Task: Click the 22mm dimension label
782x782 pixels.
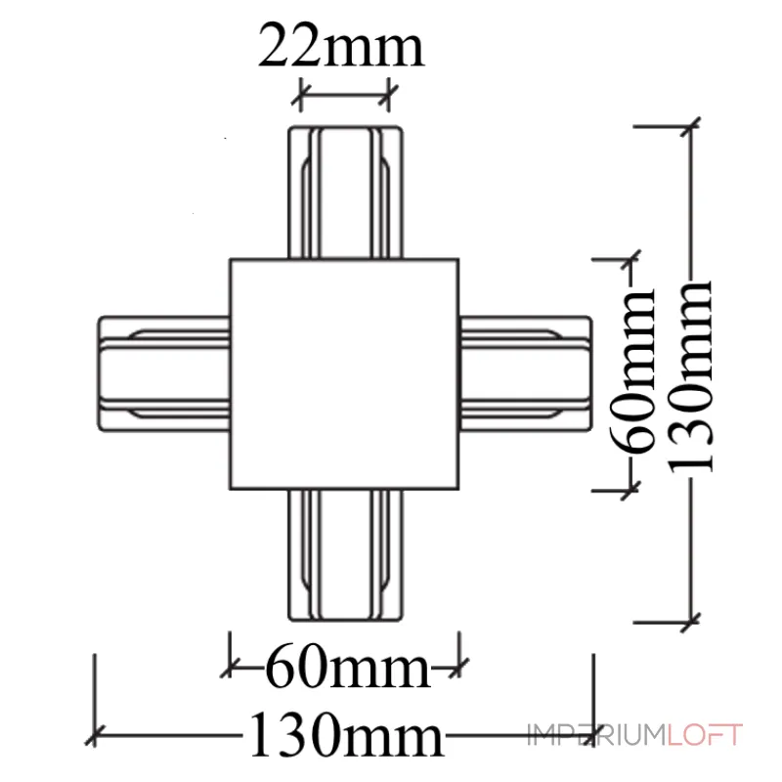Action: [341, 47]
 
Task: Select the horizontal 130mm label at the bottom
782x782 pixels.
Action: [341, 734]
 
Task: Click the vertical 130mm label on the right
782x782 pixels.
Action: [693, 375]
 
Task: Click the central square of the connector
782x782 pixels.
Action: [344, 373]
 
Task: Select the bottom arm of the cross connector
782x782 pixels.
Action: [344, 554]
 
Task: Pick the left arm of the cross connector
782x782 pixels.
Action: [163, 371]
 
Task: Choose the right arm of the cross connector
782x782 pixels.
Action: [526, 371]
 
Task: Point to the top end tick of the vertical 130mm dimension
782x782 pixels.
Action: [693, 125]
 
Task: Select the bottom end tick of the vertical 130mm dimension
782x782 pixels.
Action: [693, 619]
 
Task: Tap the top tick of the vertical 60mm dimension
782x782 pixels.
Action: [629, 261]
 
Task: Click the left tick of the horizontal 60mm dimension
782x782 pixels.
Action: [231, 669]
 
